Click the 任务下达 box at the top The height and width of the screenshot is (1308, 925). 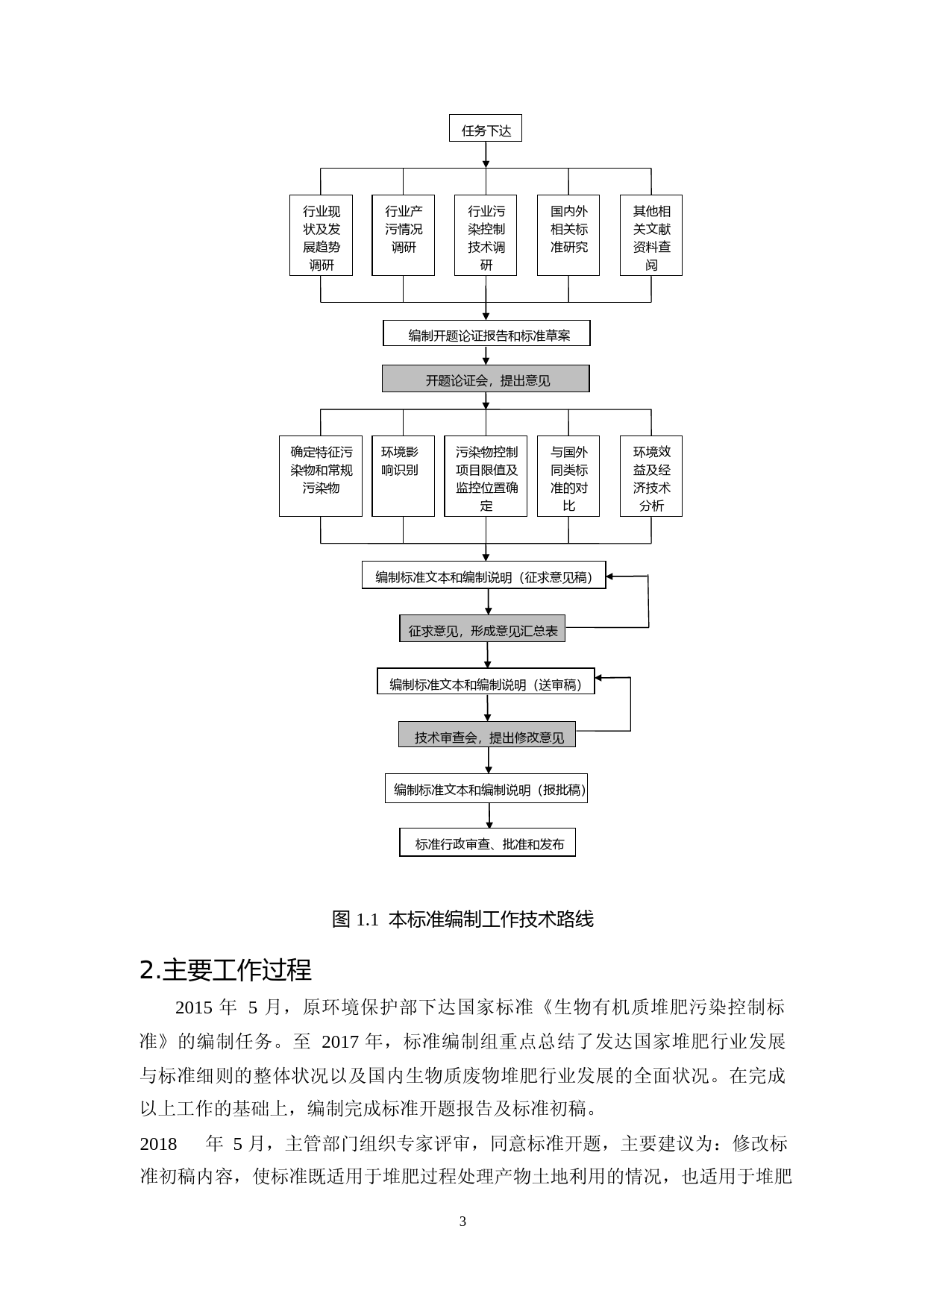486,129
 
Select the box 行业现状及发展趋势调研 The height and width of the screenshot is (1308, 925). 321,236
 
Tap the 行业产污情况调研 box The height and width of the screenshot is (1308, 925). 404,236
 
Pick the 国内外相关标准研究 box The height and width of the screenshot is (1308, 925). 568,236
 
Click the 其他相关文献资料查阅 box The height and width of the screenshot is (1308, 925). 651,236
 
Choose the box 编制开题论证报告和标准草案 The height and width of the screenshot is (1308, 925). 486,334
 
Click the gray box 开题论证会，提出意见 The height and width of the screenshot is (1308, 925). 486,379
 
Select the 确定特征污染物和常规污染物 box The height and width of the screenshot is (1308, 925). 321,476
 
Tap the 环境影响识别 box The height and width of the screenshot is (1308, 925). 403,476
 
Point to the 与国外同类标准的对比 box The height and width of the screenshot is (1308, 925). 568,476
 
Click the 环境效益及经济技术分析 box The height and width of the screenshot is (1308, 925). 651,476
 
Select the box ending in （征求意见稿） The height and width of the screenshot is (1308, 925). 484,576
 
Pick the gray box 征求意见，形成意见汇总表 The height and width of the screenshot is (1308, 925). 483,629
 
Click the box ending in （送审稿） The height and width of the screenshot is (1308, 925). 486,682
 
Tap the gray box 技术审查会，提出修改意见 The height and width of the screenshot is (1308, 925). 487,735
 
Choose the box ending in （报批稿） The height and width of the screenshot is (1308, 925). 486,789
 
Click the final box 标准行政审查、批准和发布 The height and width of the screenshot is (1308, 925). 488,843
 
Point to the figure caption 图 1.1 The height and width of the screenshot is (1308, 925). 462,919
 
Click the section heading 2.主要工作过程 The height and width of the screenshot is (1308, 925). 225,970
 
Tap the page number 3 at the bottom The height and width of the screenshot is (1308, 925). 462,1221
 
